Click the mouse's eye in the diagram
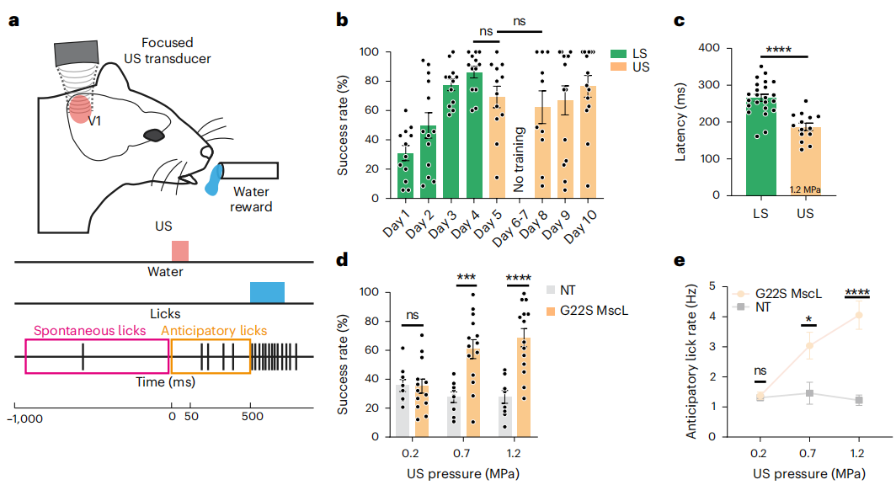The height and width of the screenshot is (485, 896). [x=154, y=135]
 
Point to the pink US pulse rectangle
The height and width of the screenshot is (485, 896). [x=180, y=251]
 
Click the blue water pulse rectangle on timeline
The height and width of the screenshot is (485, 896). [x=267, y=292]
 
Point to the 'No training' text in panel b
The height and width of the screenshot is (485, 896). [x=520, y=159]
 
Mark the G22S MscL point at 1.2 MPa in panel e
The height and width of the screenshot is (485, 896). [x=859, y=316]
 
